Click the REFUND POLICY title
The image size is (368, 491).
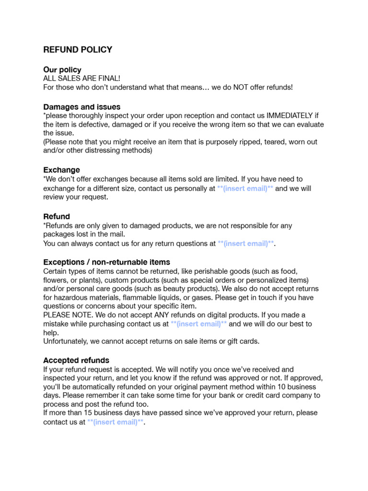coord(78,49)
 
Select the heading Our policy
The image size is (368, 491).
coord(62,70)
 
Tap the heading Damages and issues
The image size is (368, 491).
coord(82,106)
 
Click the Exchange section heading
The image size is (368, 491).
coord(62,170)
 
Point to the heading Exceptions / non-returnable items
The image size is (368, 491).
coord(106,262)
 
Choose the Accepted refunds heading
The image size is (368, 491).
coord(76,360)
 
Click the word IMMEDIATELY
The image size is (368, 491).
coord(292,116)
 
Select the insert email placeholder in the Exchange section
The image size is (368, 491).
coord(245,188)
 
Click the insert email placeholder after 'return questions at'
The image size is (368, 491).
coord(246,244)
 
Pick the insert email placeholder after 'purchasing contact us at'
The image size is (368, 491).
coord(199,324)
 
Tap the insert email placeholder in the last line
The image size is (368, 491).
coord(115,422)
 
